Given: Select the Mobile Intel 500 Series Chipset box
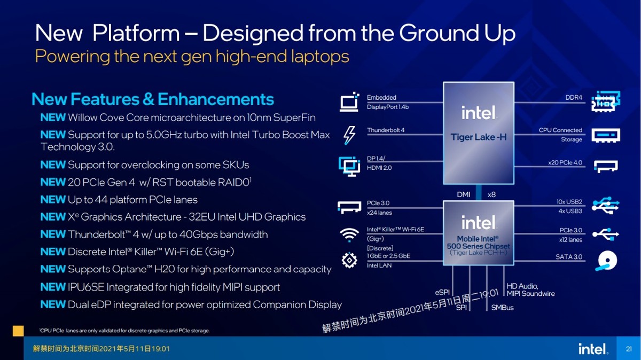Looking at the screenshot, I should pyautogui.click(x=478, y=233).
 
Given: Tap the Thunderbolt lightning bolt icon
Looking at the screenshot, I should pyautogui.click(x=349, y=135).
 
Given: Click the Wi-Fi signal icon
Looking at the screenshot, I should pyautogui.click(x=349, y=234).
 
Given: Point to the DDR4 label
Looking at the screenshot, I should pyautogui.click(x=574, y=98).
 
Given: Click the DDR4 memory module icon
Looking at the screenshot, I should pyautogui.click(x=606, y=101).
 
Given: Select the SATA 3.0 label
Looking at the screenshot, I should pyautogui.click(x=569, y=257).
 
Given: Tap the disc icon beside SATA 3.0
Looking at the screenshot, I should pyautogui.click(x=606, y=261).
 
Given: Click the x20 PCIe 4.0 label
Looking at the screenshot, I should pyautogui.click(x=565, y=162).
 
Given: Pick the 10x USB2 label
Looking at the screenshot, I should pyautogui.click(x=569, y=202).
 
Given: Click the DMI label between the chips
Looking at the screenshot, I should pyautogui.click(x=464, y=194).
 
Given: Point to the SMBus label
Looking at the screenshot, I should pyautogui.click(x=502, y=308).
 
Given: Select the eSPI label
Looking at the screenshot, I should pyautogui.click(x=442, y=293).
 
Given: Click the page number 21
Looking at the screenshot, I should pyautogui.click(x=629, y=349).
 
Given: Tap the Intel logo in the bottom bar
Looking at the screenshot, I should pyautogui.click(x=592, y=349).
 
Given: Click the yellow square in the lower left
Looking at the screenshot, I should pyautogui.click(x=18, y=330).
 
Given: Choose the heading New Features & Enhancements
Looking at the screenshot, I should pyautogui.click(x=153, y=99).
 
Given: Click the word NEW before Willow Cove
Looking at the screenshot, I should pyautogui.click(x=53, y=118).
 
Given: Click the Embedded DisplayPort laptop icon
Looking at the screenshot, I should pyautogui.click(x=349, y=102).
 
